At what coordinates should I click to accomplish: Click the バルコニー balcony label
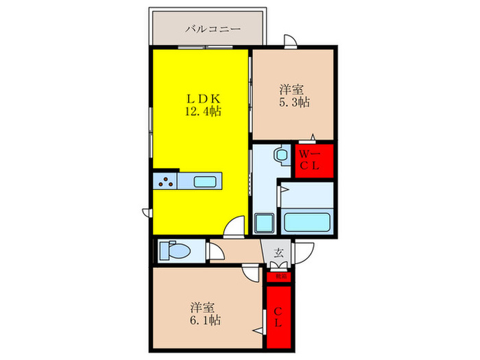pos(212,29)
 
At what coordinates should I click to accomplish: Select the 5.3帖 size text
pos(293,102)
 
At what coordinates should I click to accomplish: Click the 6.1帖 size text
pos(205,320)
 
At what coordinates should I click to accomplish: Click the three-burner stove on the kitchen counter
pos(165,182)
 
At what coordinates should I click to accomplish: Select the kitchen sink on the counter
pos(206,182)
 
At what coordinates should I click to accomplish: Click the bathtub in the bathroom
pos(307,222)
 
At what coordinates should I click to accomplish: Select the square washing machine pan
pos(264,224)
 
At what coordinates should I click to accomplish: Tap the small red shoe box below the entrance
pos(279,277)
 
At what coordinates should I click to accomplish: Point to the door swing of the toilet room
pos(215,252)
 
